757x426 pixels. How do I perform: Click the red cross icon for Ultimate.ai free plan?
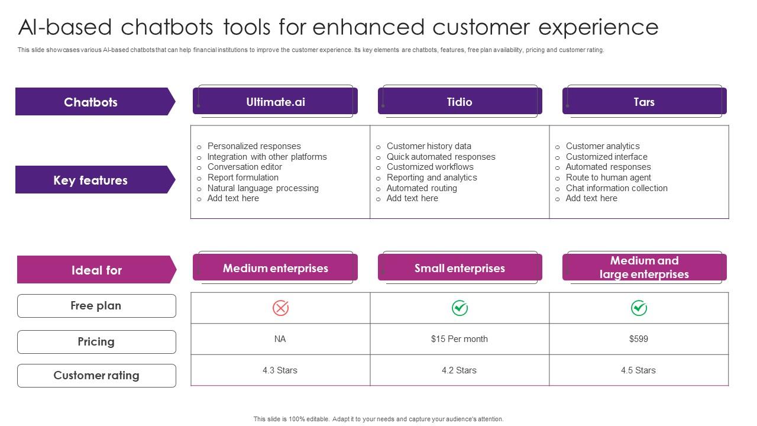[280, 308]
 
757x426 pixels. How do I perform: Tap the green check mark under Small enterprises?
[460, 308]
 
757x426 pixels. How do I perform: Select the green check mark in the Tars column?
[639, 308]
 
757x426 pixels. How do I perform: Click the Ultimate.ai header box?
[276, 102]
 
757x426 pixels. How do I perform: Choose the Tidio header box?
[460, 102]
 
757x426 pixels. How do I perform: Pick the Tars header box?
[644, 102]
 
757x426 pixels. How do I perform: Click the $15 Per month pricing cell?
[460, 339]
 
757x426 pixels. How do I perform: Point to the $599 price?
[639, 339]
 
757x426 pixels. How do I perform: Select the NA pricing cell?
[280, 339]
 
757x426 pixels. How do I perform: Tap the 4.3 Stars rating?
[280, 370]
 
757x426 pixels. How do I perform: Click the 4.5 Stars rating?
[638, 370]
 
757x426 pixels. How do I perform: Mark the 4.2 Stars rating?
[459, 370]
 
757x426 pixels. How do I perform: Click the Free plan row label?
[96, 306]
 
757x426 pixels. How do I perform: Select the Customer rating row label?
[96, 376]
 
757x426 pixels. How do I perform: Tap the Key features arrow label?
[91, 180]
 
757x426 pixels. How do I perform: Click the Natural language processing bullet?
[263, 188]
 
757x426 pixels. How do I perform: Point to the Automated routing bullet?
[422, 188]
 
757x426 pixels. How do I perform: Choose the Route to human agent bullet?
[608, 177]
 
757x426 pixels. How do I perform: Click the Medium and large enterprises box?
[644, 267]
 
